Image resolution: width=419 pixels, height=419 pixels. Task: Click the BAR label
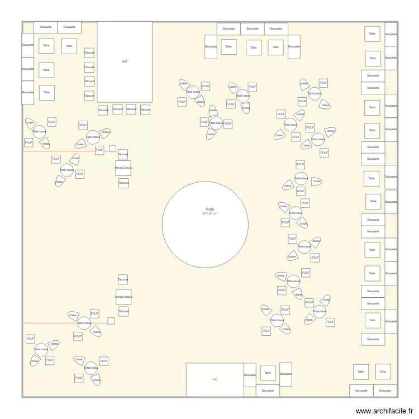pos(125,61)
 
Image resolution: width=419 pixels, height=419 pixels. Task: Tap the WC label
pos(215,379)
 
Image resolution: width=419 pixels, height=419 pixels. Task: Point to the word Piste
pos(205,209)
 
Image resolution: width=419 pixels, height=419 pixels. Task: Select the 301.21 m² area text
pos(205,214)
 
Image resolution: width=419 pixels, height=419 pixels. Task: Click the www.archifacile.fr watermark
pos(385,411)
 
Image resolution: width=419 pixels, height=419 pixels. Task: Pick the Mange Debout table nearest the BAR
pos(123,168)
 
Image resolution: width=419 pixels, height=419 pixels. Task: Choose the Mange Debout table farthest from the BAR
pos(123,297)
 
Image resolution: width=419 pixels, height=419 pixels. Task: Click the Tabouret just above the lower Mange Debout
pos(123,279)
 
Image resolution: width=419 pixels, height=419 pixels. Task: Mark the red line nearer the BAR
pos(59,151)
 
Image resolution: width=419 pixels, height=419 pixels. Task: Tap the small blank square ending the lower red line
pos(111,321)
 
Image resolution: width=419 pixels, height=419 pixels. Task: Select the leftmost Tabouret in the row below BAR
pos(103,110)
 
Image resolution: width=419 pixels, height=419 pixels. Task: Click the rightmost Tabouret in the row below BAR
pos(145,110)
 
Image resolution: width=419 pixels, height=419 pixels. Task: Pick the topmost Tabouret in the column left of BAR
pos(89,53)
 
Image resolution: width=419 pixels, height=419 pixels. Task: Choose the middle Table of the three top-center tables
pos(254,48)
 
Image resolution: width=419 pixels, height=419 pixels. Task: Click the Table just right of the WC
pos(268,373)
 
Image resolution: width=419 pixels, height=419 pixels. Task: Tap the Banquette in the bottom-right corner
pos(385,391)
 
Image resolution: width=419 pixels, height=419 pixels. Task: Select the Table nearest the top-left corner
pos(46,46)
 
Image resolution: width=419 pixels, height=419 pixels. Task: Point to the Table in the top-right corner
pos(373,34)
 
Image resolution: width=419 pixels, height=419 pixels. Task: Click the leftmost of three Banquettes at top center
pos(228,28)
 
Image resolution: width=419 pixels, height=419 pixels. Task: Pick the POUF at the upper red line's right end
pos(99,150)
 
